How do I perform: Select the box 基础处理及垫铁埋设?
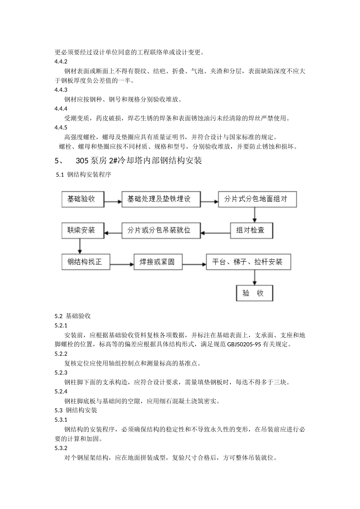pyautogui.click(x=161, y=199)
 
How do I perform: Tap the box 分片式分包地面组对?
pyautogui.click(x=257, y=199)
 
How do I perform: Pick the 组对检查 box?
pyautogui.click(x=251, y=230)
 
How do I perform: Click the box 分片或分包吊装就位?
pyautogui.click(x=161, y=230)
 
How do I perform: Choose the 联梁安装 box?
pyautogui.click(x=83, y=230)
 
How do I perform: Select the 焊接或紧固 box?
pyautogui.click(x=158, y=262)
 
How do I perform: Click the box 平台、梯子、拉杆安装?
pyautogui.click(x=248, y=262)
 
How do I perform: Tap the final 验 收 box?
pyautogui.click(x=254, y=293)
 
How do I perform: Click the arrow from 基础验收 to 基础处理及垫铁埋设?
pyautogui.click(x=113, y=201)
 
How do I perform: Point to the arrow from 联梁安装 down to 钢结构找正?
pyautogui.click(x=80, y=246)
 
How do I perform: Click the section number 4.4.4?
pyautogui.click(x=61, y=109)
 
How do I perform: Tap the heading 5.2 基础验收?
pyautogui.click(x=73, y=316)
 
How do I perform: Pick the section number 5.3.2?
pyautogui.click(x=61, y=448)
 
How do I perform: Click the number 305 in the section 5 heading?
pyautogui.click(x=82, y=161)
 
